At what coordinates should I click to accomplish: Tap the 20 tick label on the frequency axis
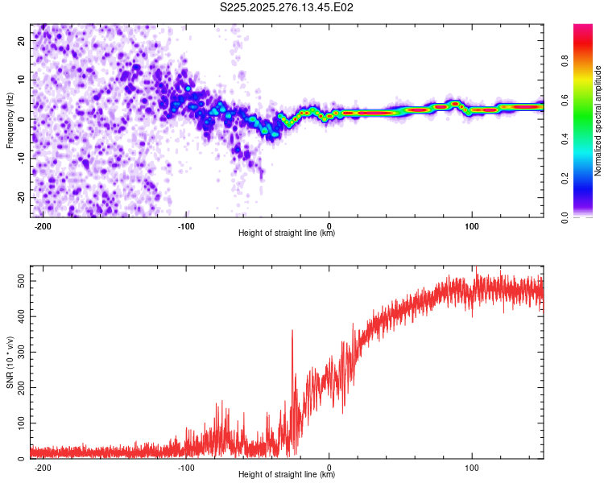tap(21, 40)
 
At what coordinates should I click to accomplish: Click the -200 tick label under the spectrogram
tap(43, 225)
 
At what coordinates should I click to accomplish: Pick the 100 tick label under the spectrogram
tap(472, 225)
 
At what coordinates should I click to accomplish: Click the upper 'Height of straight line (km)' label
tap(287, 233)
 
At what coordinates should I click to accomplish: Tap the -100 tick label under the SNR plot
tap(186, 467)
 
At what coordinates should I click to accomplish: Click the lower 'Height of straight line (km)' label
tap(287, 475)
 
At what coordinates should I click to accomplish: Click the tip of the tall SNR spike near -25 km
tap(292, 330)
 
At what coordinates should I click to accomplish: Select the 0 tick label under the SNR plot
tap(329, 467)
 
